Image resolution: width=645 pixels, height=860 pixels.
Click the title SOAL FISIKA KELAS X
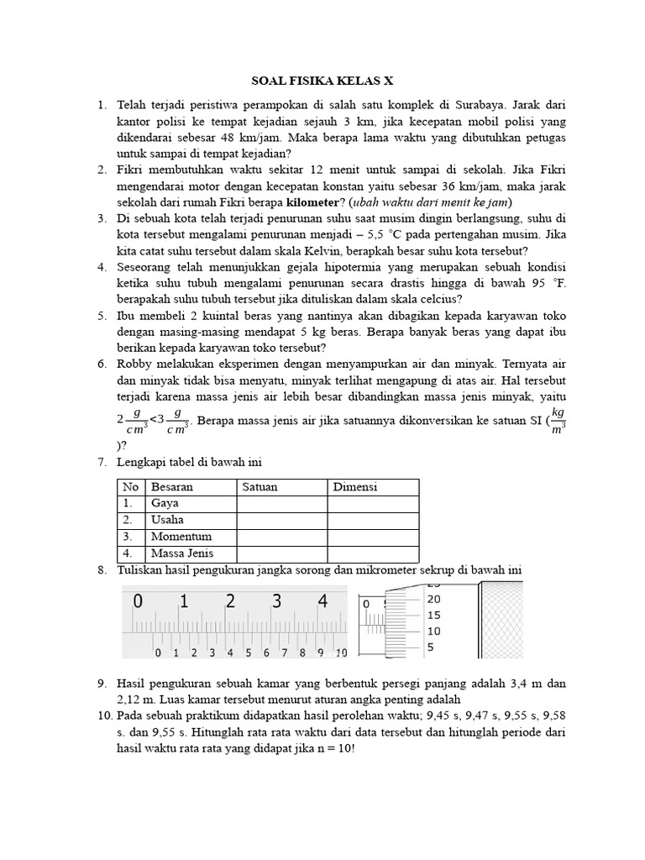(322, 81)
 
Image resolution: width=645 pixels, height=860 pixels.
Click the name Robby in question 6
(136, 364)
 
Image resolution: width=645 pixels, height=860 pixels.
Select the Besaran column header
(171, 487)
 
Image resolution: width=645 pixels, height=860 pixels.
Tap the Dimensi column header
(355, 487)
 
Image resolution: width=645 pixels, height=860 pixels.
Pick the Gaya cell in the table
(165, 504)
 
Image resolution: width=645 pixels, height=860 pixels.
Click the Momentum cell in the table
(181, 537)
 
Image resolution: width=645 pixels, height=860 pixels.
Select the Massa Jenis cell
(182, 553)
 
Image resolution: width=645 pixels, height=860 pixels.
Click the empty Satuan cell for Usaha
(281, 521)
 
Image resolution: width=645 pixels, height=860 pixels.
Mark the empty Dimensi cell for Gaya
(372, 504)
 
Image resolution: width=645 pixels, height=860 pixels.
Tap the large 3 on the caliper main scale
(276, 602)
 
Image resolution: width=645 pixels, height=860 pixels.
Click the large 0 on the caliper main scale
(138, 602)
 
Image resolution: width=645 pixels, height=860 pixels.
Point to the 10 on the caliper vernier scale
(341, 653)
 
